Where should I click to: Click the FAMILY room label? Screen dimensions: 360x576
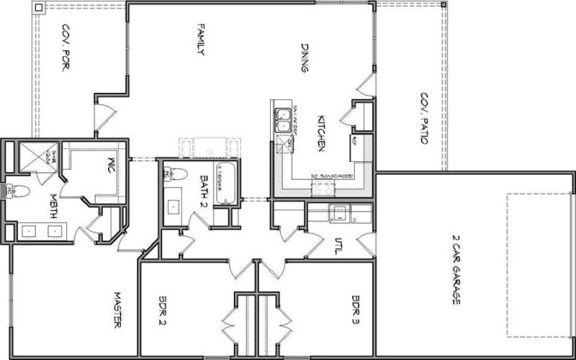click(202, 41)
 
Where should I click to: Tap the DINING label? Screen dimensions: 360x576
click(305, 58)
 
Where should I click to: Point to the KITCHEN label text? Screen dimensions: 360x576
click(323, 134)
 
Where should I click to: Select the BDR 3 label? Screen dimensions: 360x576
click(356, 310)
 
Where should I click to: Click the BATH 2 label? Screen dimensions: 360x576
click(204, 189)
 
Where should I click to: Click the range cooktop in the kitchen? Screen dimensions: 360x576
click(322, 189)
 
